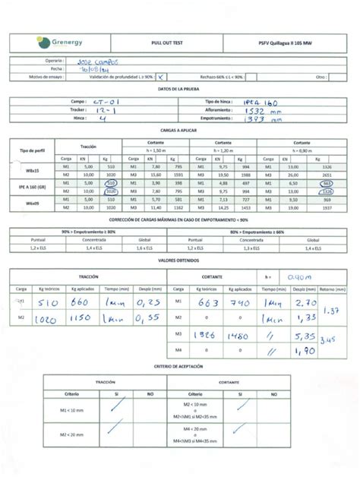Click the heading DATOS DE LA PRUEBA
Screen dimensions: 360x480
click(x=178, y=90)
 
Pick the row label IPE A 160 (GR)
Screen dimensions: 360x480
click(x=30, y=187)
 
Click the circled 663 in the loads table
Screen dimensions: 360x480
click(x=328, y=183)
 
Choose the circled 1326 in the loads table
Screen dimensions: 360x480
click(x=327, y=191)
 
